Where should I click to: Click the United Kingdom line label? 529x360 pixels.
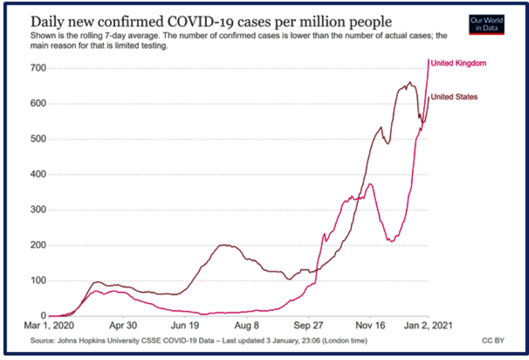coord(458,63)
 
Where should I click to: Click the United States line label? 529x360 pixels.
coord(454,97)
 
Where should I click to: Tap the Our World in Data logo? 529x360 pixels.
coord(486,25)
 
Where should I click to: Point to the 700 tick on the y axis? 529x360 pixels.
coord(37,68)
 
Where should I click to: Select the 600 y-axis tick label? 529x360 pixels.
coord(37,104)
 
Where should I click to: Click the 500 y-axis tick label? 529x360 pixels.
coord(37,139)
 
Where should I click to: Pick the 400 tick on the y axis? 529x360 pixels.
coord(37,175)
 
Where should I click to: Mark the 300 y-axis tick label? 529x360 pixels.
coord(37,210)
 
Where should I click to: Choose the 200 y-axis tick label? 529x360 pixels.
coord(37,246)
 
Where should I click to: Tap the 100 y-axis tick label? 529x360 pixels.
coord(37,281)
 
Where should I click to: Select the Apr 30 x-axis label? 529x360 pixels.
coord(122,326)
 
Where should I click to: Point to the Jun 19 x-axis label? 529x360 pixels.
coord(185,326)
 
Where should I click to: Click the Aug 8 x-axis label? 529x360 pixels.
coord(246,326)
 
